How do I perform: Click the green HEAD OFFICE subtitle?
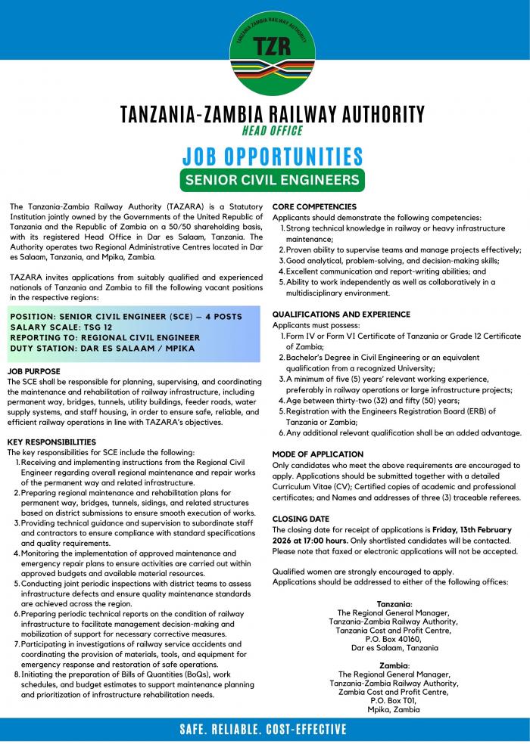[x=272, y=131]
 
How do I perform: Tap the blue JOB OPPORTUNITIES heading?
[x=272, y=157]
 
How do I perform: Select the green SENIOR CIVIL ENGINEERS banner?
[x=272, y=180]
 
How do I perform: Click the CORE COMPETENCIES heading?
[x=314, y=206]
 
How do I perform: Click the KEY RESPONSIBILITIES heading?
[x=51, y=441]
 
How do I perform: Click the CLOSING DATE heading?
[x=301, y=519]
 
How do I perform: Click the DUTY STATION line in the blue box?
[x=102, y=348]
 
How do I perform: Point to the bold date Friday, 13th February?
[x=469, y=530]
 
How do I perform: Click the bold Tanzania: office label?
[x=394, y=604]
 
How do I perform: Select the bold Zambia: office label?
[x=394, y=665]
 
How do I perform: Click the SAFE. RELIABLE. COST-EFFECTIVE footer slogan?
[x=263, y=730]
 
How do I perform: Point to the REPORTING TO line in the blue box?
[x=105, y=337]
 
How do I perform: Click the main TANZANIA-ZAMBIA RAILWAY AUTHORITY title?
[x=272, y=114]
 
